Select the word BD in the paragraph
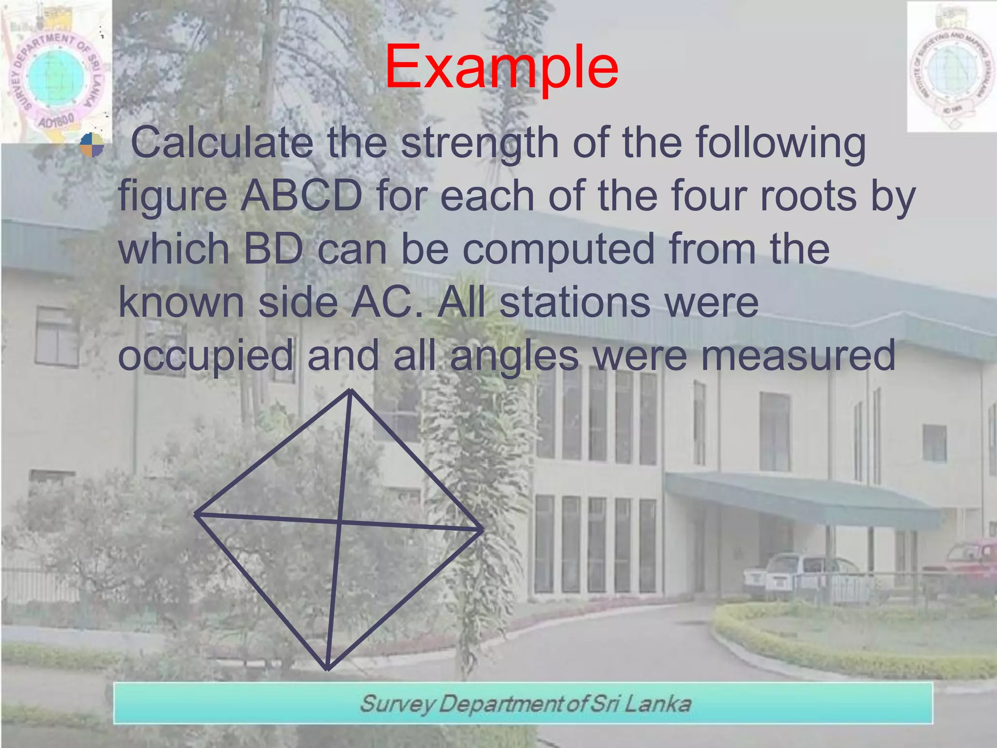[273, 249]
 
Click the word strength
[480, 144]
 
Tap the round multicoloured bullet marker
[92, 145]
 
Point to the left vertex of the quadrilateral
[196, 514]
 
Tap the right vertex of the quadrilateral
[482, 529]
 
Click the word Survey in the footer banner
[397, 704]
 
